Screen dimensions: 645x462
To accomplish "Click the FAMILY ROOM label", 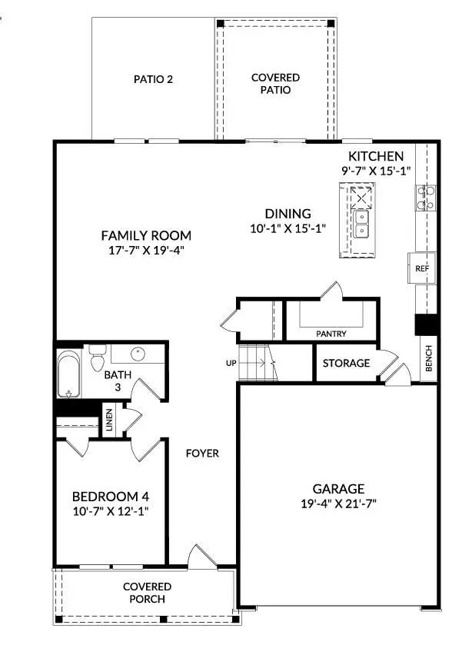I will (x=146, y=235).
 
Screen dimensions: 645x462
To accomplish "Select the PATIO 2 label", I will (x=152, y=78).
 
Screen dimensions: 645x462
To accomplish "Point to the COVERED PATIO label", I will (x=275, y=84).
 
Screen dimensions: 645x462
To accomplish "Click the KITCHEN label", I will (x=375, y=156).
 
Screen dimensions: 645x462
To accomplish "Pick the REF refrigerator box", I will (x=421, y=269).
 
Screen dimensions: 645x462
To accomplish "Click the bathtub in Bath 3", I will (x=68, y=374).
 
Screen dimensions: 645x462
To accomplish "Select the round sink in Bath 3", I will (x=138, y=354).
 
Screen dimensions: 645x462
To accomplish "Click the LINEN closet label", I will (x=109, y=421).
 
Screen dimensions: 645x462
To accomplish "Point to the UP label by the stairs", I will (x=230, y=362).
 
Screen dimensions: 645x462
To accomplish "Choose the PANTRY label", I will (x=331, y=334).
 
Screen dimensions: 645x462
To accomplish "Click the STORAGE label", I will (x=346, y=363).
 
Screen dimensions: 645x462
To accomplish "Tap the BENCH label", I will (x=428, y=358).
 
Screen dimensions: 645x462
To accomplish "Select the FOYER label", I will (x=202, y=454).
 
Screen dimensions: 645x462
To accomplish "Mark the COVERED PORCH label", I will (x=146, y=593).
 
